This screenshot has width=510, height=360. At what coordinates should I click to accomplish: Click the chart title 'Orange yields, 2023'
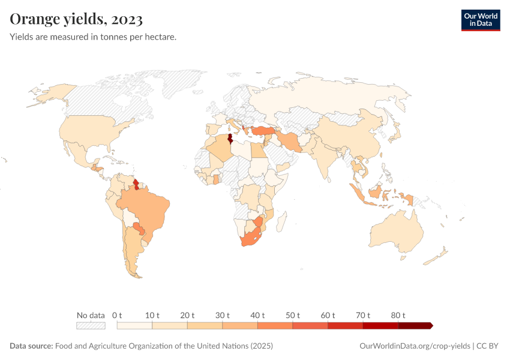(x=76, y=20)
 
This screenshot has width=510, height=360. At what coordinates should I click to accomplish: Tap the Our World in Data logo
(x=480, y=20)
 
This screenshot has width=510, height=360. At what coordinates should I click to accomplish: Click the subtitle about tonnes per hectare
(x=93, y=37)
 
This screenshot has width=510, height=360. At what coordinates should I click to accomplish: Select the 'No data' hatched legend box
(x=91, y=326)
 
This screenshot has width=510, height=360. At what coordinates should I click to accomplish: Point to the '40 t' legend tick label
(x=257, y=316)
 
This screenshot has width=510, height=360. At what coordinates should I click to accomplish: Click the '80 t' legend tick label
(x=398, y=316)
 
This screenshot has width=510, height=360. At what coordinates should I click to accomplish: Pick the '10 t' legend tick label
(x=152, y=316)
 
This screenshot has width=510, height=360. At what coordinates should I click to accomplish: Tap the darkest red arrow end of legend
(x=430, y=326)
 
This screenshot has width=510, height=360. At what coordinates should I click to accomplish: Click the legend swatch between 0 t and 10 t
(x=134, y=326)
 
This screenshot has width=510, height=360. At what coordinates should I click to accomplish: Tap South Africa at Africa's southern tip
(x=249, y=238)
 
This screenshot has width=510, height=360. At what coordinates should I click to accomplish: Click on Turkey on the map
(x=262, y=130)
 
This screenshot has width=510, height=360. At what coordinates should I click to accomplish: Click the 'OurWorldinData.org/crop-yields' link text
(x=415, y=346)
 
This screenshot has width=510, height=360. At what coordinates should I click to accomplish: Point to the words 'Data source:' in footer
(x=31, y=346)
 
